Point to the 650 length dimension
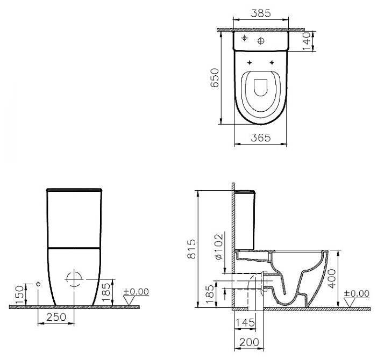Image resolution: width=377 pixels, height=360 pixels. tap(215, 78)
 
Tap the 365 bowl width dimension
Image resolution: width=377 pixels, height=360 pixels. tap(261, 138)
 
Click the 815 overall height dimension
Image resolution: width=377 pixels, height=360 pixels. tap(192, 249)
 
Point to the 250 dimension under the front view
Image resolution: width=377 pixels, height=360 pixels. tap(56, 317)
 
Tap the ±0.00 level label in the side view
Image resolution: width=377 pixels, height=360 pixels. tap(356, 293)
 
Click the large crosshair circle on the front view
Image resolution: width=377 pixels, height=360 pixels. tap(74, 279)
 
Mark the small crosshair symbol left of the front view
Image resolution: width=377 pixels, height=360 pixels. tap(38, 284)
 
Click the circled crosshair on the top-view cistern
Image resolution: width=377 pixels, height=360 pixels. tap(262, 41)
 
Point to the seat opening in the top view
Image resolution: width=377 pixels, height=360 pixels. tap(261, 89)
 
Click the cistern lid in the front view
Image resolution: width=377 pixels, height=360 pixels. tap(74, 190)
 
